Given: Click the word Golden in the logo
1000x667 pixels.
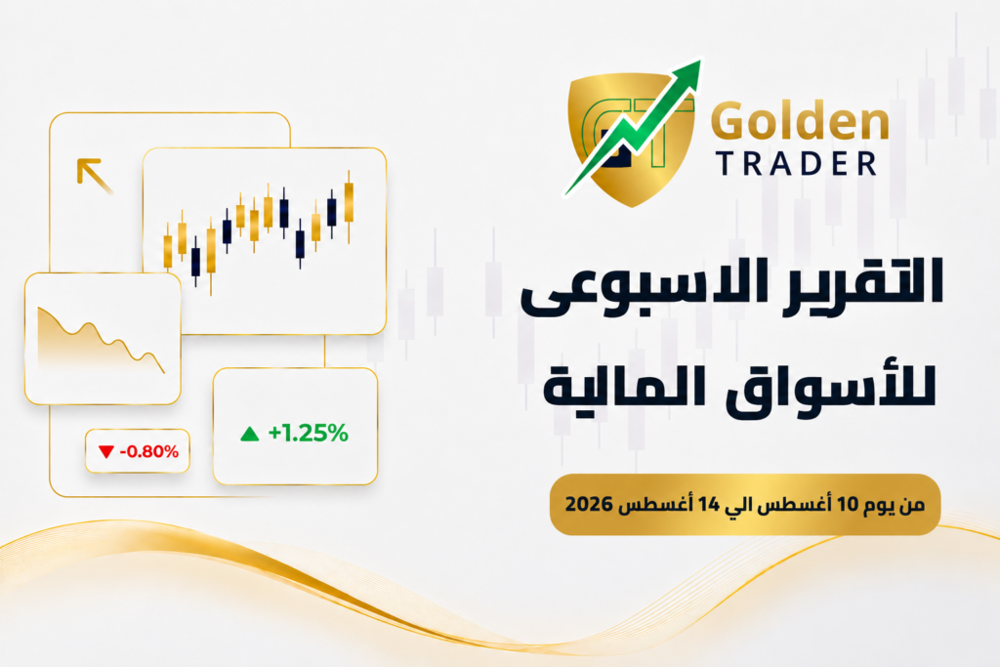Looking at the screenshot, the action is click(x=800, y=121).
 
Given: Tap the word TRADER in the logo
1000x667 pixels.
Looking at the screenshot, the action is click(x=796, y=164).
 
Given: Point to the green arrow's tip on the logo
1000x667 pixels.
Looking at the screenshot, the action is click(x=699, y=62).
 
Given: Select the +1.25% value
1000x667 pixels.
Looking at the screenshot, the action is click(x=308, y=433).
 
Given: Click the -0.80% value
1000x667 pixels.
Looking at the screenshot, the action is click(x=149, y=451).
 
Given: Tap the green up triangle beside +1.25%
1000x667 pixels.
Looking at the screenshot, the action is click(x=249, y=435).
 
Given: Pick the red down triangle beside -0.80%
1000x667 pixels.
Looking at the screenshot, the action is click(x=105, y=452).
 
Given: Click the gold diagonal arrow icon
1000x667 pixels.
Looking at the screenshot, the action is click(x=94, y=175).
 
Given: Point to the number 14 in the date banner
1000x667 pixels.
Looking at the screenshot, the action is click(x=709, y=504).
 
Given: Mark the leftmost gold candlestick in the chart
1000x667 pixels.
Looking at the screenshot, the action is click(x=168, y=249).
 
